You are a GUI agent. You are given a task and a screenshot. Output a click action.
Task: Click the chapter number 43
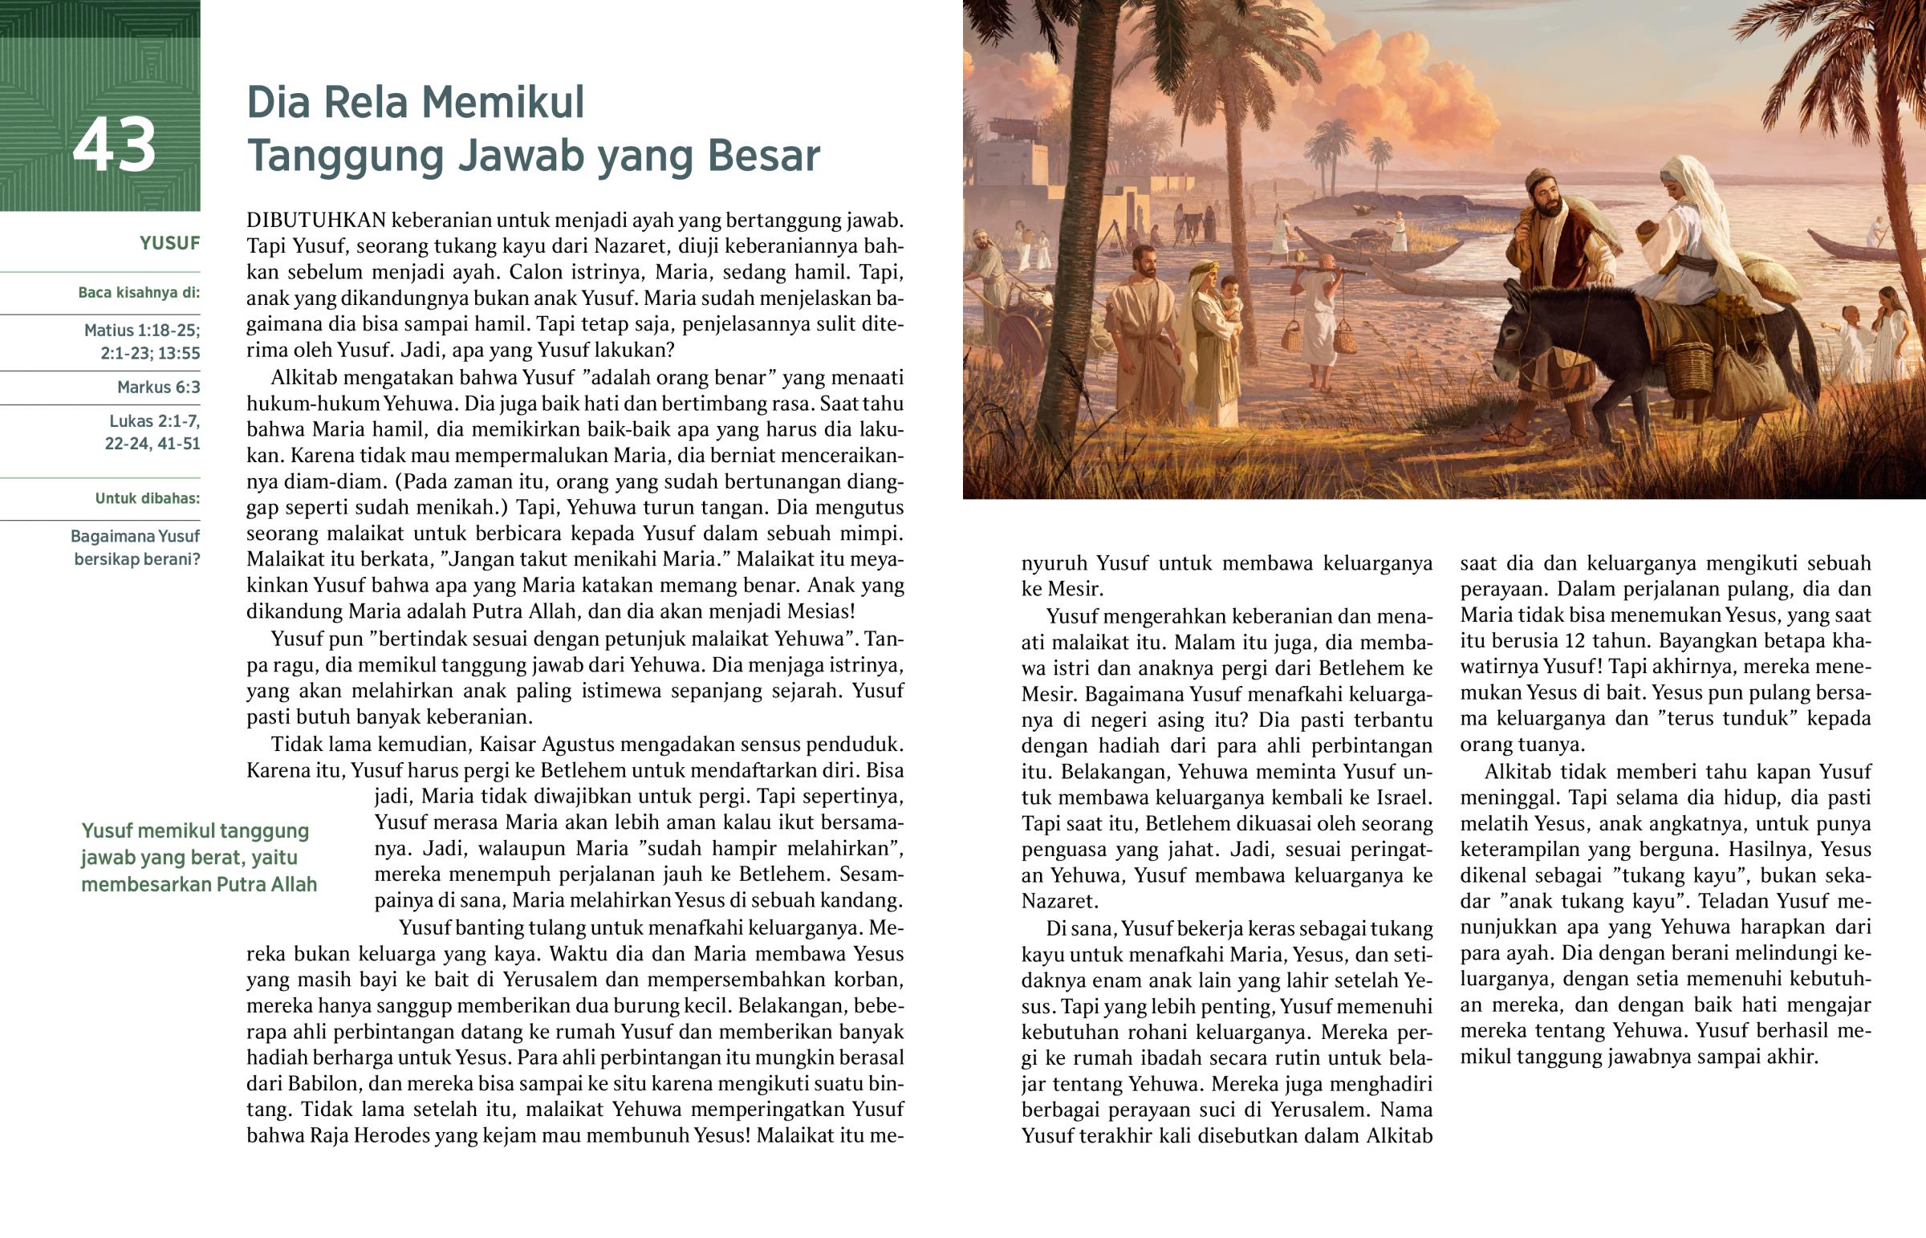(114, 145)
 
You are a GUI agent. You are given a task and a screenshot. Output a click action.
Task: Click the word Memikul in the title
(503, 103)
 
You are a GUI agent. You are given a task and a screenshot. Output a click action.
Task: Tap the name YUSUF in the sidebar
(169, 244)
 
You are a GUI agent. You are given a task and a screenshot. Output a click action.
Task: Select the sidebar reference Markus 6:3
(158, 388)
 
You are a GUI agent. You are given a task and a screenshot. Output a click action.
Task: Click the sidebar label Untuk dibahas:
(147, 498)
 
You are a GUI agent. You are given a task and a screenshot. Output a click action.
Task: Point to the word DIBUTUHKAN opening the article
(317, 221)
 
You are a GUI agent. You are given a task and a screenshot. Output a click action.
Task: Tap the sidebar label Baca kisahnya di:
(138, 293)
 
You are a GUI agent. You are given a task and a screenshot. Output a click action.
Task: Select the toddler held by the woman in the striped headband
(1230, 302)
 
